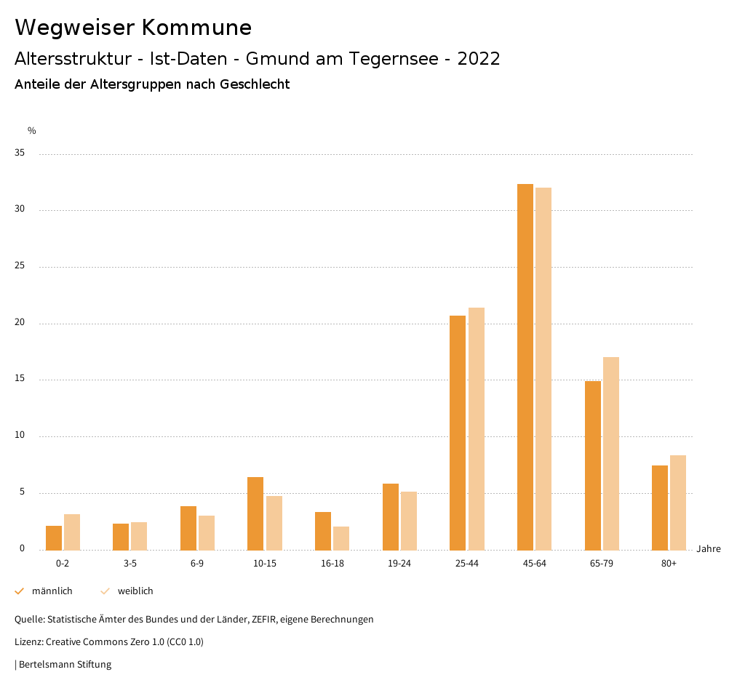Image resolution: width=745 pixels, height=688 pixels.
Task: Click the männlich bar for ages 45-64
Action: [525, 367]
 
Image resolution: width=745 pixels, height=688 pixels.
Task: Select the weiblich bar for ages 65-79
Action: [611, 454]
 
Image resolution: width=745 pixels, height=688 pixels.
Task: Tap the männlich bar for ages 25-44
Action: [458, 433]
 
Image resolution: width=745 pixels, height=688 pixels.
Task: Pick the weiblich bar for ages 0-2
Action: [72, 532]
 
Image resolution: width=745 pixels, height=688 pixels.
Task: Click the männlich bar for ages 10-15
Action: [255, 513]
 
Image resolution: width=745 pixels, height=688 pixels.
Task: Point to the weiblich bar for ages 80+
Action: [678, 503]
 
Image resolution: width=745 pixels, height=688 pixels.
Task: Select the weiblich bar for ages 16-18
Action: [341, 538]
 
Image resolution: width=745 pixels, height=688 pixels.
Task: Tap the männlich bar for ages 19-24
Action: [391, 517]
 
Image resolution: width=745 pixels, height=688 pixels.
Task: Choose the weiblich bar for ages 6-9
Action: [207, 533]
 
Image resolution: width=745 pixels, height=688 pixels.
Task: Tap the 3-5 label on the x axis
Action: [130, 564]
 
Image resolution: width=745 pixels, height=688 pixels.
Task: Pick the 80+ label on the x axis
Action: [669, 564]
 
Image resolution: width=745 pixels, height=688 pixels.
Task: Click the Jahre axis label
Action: [709, 549]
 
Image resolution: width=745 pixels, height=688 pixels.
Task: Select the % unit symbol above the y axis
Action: [32, 131]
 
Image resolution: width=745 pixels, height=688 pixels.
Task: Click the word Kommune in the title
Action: [196, 28]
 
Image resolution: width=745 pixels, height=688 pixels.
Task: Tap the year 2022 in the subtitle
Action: [479, 59]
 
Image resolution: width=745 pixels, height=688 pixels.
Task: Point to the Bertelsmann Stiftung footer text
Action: [65, 664]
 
